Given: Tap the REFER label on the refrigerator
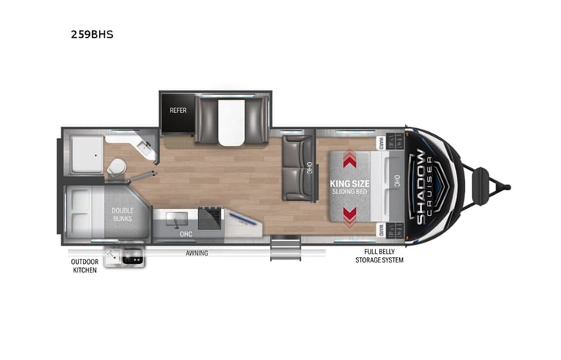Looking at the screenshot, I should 178,111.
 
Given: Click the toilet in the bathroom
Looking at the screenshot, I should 117,167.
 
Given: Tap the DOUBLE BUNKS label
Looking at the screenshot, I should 122,214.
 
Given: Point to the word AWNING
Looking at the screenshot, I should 196,253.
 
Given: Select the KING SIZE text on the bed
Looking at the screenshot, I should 350,183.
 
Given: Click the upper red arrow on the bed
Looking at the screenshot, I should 350,159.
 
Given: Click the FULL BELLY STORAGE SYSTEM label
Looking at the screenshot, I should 378,256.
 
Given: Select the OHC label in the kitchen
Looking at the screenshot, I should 185,234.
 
